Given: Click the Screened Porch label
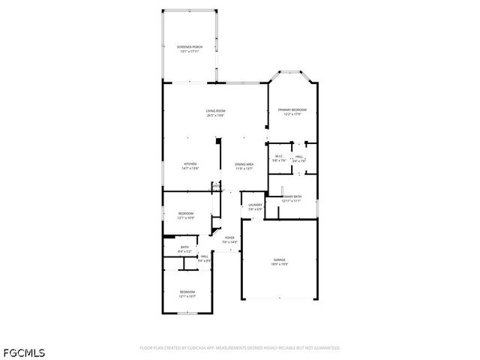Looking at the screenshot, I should point(189,46).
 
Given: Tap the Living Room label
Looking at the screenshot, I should point(216,111).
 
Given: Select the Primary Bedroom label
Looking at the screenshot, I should point(292,109).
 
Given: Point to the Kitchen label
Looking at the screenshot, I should point(190,164).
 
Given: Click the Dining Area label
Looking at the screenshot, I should point(244,164).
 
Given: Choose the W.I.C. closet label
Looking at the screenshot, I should point(278,156).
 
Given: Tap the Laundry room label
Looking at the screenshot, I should point(256,204).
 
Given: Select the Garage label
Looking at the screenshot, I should point(279,259).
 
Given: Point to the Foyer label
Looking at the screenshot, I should point(229,238).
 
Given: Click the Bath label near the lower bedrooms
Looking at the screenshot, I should point(184,247).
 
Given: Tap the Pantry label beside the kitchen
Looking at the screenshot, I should point(216,185).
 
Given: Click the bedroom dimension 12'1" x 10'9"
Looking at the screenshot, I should point(186,218).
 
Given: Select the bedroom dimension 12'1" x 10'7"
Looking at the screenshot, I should point(187,296).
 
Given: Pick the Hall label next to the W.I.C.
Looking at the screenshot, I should point(298,156).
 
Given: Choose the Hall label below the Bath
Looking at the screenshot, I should point(204,256).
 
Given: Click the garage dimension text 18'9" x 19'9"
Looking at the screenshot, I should point(279,264).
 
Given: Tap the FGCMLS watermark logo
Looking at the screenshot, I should point(25,352).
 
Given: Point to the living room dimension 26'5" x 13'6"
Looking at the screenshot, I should point(216,115).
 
